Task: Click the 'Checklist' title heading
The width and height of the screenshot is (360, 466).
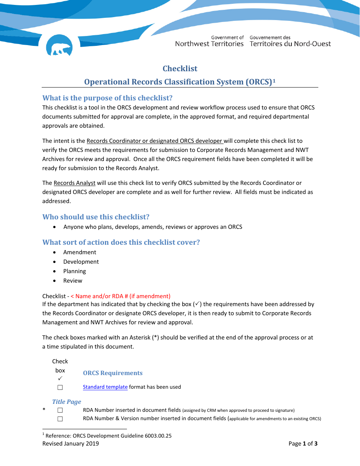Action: point(180,69)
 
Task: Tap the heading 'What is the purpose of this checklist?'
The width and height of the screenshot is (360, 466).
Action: point(107,98)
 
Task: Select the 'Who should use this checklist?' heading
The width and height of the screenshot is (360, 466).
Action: point(96,217)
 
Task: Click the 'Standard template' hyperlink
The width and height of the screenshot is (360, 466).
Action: point(105,387)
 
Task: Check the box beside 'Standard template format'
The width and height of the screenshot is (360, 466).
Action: point(60,387)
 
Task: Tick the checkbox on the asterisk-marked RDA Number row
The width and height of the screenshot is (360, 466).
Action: point(60,410)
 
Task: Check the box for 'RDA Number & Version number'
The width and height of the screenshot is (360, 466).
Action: point(60,419)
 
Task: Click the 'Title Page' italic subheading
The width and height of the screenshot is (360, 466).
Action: point(67,402)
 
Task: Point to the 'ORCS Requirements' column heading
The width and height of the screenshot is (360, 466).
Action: point(113,373)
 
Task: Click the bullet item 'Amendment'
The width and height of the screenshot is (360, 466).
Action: point(80,252)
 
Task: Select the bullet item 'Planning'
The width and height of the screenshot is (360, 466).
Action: point(75,271)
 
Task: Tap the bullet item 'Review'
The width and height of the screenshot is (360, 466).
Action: point(73,281)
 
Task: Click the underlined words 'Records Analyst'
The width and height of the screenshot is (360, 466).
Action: point(74,183)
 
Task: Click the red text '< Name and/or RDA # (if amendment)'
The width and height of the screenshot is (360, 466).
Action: point(121,296)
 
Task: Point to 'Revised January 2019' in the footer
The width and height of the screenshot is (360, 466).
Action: point(70,444)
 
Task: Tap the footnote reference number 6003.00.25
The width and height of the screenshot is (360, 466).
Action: point(158,436)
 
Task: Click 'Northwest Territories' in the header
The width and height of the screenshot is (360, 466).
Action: point(209,44)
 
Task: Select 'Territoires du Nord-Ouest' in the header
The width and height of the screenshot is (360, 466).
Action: point(290,44)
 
